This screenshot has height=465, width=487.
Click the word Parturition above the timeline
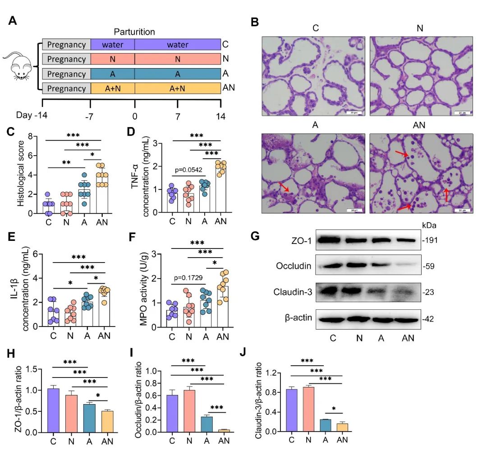[134, 32]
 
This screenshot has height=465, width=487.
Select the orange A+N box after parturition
[178, 88]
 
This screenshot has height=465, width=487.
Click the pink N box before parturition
[113, 59]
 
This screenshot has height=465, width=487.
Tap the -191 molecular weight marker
[430, 240]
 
